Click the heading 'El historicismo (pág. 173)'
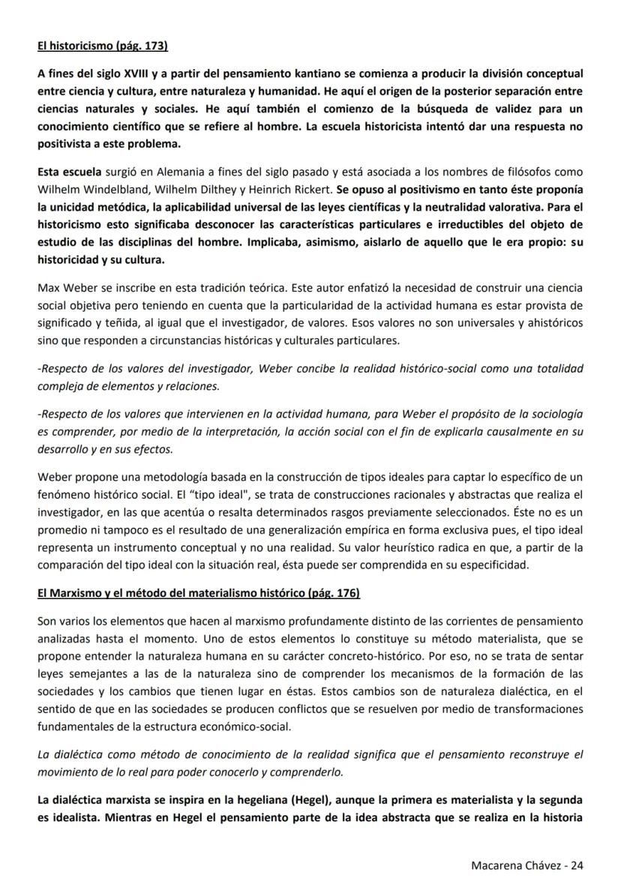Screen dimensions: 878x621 (x=102, y=46)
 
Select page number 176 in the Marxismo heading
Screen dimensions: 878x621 (x=344, y=593)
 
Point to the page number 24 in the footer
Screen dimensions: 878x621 (x=577, y=864)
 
